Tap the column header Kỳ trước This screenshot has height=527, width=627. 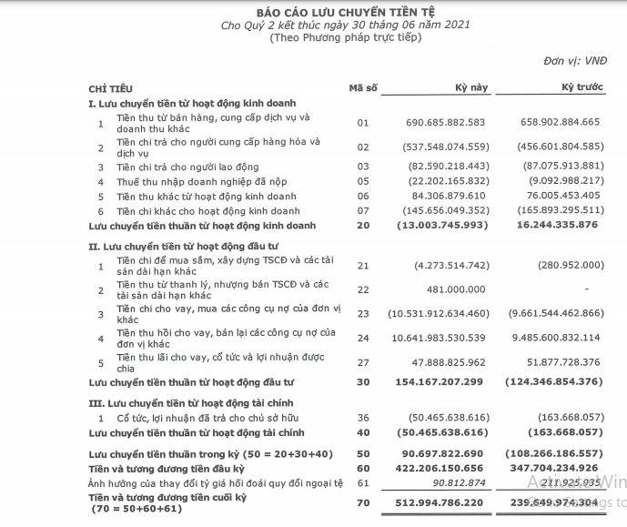point(580,87)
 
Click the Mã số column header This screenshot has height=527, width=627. point(362,87)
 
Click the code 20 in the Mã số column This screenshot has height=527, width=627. point(363,224)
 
